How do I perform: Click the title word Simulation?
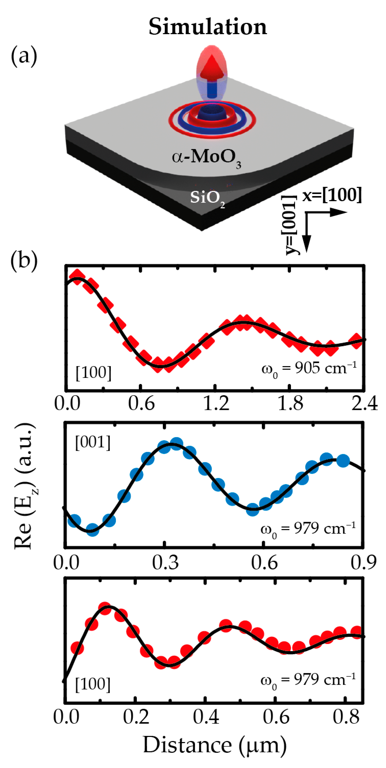(x=208, y=27)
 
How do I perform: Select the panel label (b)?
(x=24, y=260)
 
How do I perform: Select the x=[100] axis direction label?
(x=332, y=196)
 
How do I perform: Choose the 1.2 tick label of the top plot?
(x=216, y=404)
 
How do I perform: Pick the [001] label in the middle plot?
(x=93, y=442)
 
